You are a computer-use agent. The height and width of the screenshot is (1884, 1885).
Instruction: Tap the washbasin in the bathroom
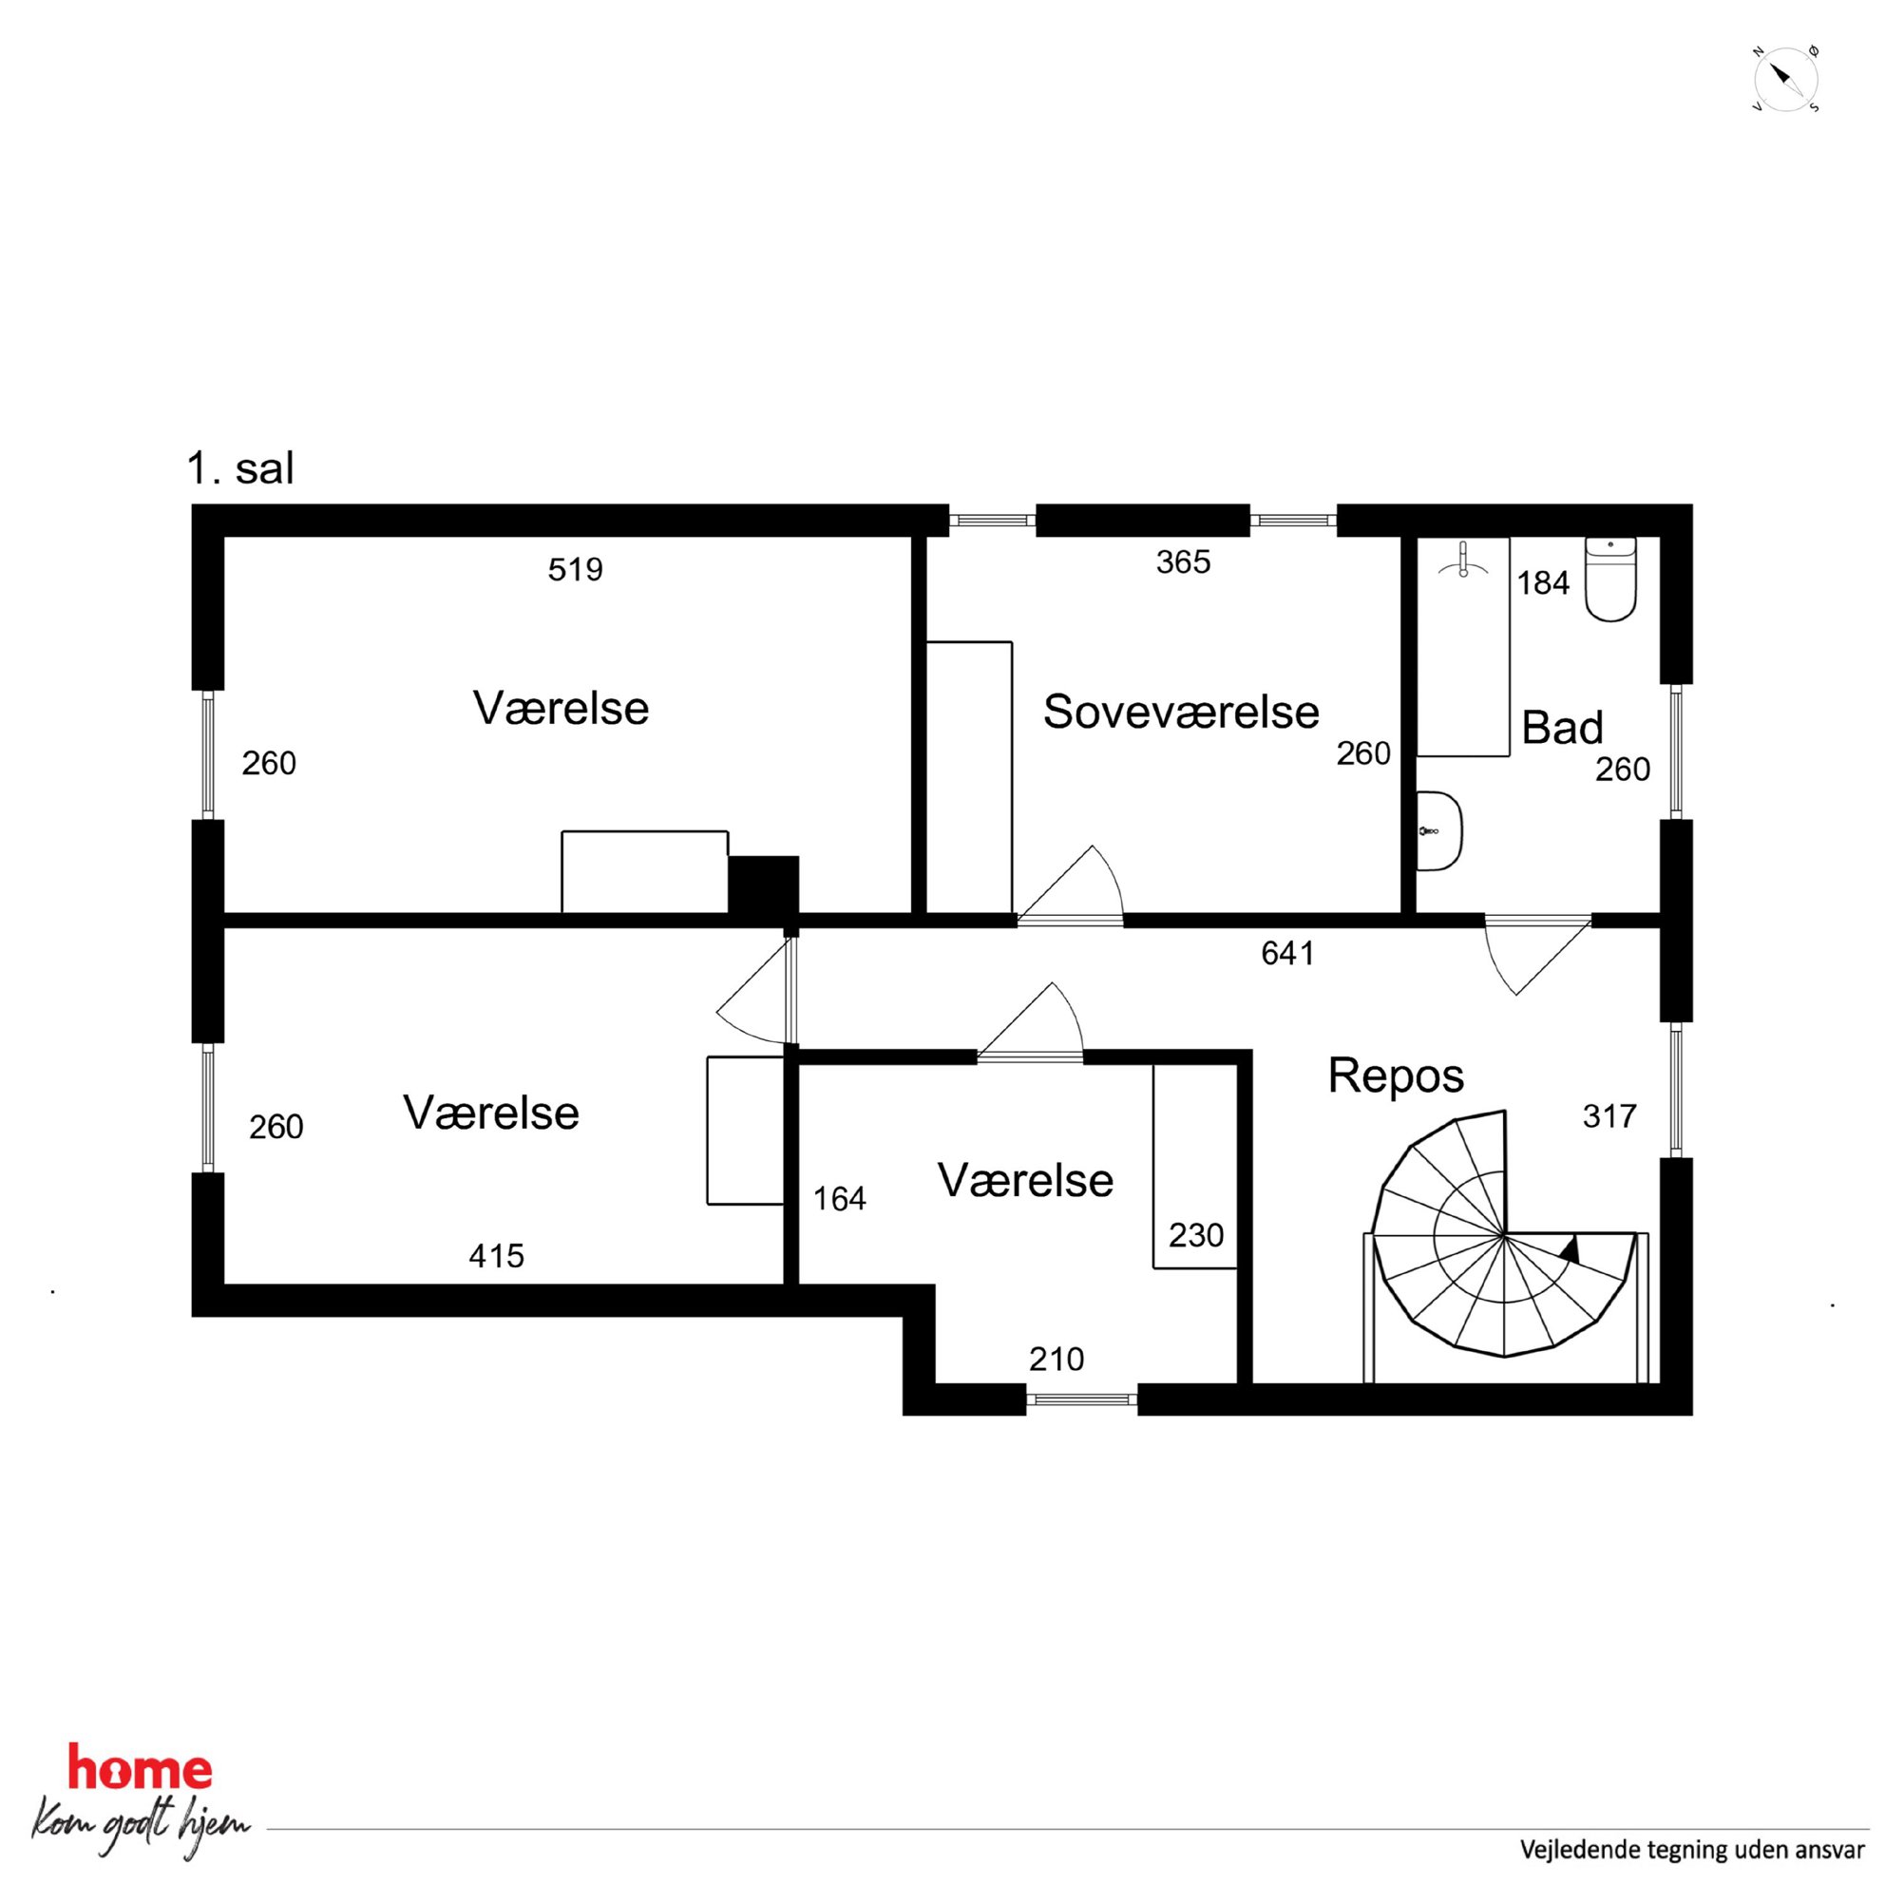1440,830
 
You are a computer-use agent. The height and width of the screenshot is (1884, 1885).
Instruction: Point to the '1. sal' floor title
240,468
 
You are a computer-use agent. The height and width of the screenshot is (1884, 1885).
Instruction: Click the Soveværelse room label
1181,712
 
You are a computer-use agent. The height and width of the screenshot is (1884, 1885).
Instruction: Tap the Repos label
1395,1077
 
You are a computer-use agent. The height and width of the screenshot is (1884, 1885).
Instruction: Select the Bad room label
1562,728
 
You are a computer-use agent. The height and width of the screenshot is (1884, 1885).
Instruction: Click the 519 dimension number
576,569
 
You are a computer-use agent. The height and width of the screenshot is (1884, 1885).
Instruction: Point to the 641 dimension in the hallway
1288,953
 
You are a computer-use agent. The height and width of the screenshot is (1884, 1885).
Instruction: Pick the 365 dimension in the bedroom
1184,562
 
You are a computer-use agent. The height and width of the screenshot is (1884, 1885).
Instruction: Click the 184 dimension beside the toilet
1543,583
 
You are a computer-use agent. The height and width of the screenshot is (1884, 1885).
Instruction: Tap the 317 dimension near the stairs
1609,1116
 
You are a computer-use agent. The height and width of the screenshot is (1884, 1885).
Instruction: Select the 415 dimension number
497,1256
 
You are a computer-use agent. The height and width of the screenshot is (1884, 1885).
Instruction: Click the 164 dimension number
839,1198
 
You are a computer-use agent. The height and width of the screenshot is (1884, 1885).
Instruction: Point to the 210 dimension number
1057,1360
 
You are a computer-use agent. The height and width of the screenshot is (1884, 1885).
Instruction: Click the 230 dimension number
1196,1235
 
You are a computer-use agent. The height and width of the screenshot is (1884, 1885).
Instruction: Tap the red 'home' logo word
140,1769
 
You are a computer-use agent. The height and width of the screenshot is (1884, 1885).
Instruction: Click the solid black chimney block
764,885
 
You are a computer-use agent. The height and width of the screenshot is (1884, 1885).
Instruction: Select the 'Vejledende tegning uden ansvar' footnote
1692,1850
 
